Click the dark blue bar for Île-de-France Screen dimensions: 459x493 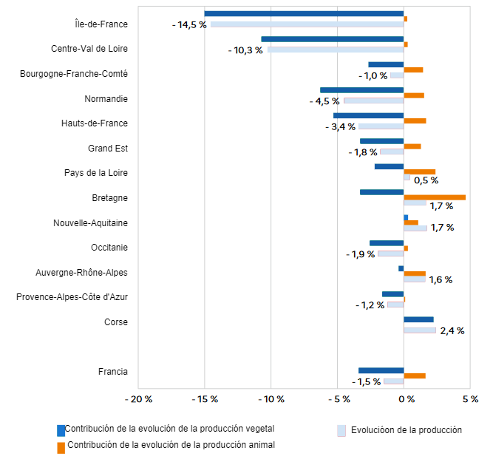(x=304, y=13)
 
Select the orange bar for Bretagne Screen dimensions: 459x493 (x=435, y=197)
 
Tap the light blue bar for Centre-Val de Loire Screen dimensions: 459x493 (x=336, y=50)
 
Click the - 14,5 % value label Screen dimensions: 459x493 (x=189, y=24)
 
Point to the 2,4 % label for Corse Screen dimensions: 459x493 (x=452, y=331)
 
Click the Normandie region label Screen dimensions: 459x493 (x=106, y=98)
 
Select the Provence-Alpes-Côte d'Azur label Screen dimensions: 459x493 (x=72, y=297)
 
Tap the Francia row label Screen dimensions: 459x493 (x=113, y=372)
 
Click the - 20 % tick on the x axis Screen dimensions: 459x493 (x=138, y=399)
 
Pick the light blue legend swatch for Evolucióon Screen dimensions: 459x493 (x=341, y=430)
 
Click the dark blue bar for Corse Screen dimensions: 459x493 (x=418, y=319)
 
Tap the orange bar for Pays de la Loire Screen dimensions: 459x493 (x=419, y=171)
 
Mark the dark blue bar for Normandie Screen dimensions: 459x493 (x=361, y=90)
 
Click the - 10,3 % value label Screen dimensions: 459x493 (x=245, y=50)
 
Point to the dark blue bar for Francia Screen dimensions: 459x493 (x=381, y=370)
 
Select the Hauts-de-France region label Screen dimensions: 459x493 (x=95, y=123)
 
